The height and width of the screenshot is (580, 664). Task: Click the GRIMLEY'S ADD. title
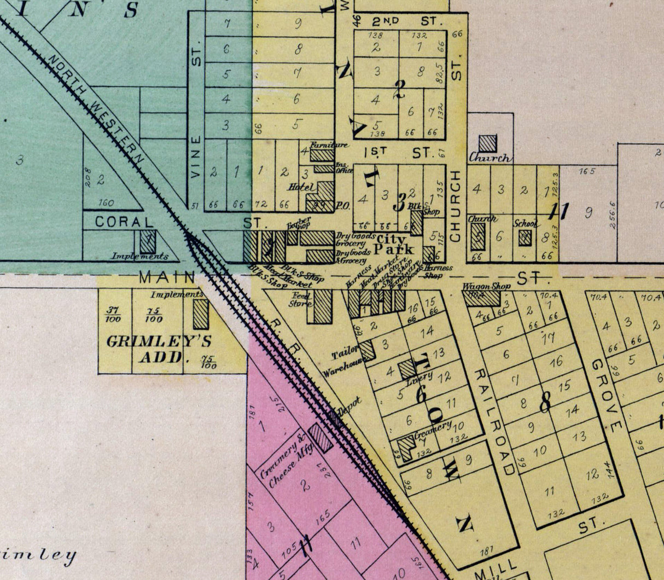pos(159,349)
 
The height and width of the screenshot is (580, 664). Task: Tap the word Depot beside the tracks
pos(350,405)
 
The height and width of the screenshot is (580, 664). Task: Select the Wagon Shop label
pos(486,286)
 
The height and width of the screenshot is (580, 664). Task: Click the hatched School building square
pos(525,237)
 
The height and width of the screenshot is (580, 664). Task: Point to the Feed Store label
pos(300,299)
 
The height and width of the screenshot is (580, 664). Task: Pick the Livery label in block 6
pos(420,376)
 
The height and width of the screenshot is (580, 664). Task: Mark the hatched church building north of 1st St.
pos(487,143)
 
